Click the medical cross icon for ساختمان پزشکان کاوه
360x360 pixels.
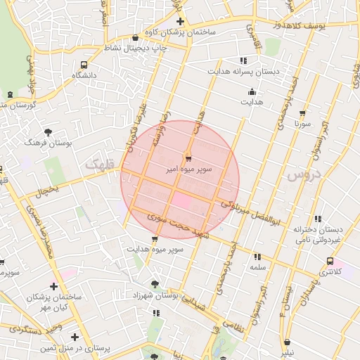coord(181,21)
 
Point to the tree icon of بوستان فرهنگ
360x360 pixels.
coord(48,131)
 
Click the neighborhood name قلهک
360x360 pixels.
coord(98,164)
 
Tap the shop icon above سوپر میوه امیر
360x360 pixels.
coord(188,157)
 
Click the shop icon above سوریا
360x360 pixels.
coord(303,112)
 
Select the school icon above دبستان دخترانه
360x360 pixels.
coord(319,218)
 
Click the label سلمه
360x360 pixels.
coord(257,267)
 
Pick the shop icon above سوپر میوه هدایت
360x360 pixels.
coord(155,239)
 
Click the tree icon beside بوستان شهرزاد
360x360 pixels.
coord(155,285)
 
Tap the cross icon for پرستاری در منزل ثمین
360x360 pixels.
coord(75,337)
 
